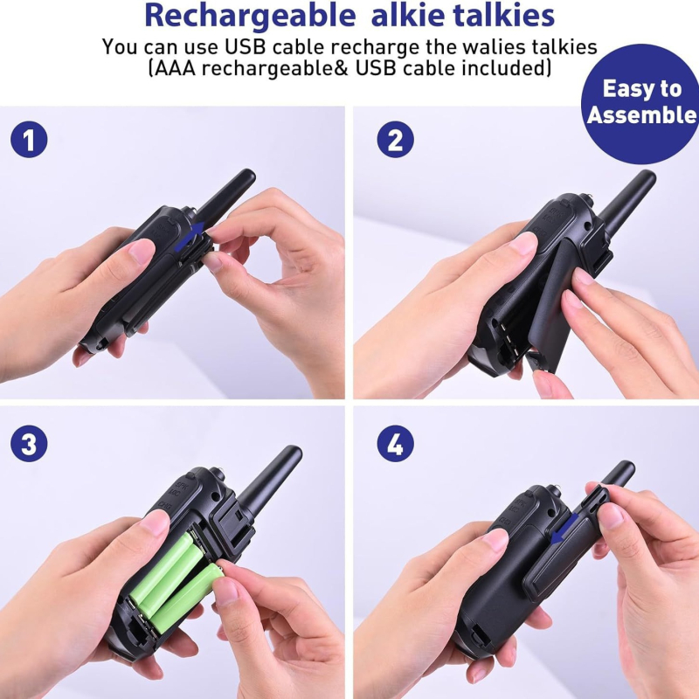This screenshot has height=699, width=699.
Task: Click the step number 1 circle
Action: (x=29, y=141)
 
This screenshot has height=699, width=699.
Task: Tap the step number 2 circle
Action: (x=395, y=141)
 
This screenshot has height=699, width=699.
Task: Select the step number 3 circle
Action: (x=29, y=445)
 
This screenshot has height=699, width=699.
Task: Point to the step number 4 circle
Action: (x=395, y=445)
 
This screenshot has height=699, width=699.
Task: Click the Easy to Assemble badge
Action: (x=642, y=102)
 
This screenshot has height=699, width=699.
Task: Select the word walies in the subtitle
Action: (x=449, y=46)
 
